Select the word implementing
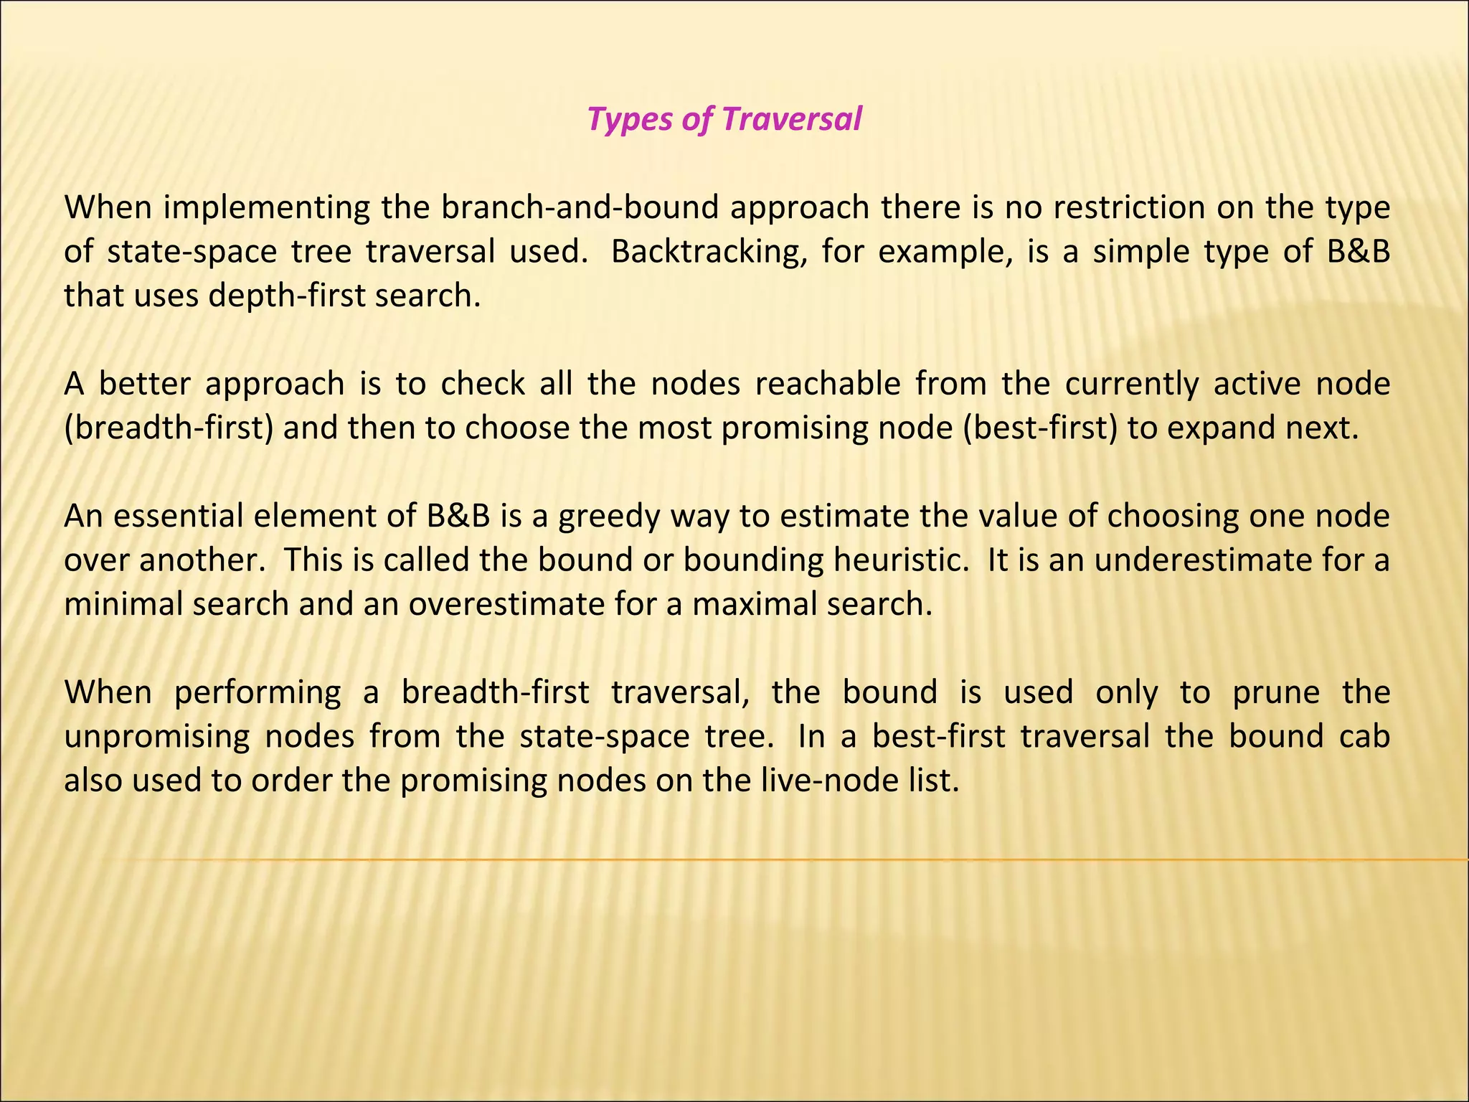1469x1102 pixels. [266, 208]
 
